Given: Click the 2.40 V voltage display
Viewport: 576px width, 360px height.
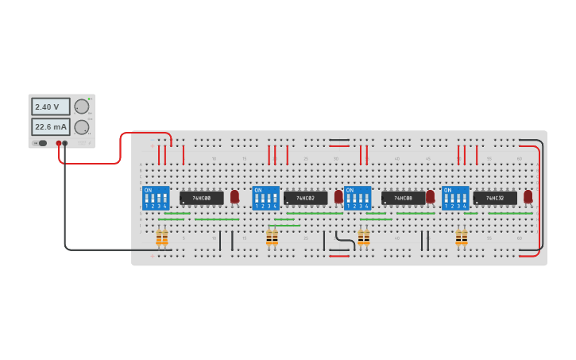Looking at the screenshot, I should point(50,106).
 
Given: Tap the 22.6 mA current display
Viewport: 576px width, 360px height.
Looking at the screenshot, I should point(50,126).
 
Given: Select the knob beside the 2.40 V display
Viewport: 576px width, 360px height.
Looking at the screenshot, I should point(82,106).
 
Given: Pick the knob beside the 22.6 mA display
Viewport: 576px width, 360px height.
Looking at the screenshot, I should point(82,126).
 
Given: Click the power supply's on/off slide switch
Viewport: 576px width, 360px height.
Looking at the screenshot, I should point(41,143).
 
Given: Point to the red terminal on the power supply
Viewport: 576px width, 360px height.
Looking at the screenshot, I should point(59,143).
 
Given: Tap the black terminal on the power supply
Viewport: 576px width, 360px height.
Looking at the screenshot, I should point(65,143).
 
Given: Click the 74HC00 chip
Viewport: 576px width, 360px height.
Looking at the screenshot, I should point(201,198).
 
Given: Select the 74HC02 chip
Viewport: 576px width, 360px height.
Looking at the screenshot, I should point(305,198).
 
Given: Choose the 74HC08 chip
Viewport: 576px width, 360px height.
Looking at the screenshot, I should point(403,198).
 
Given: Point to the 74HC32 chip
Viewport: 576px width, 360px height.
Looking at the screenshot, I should point(495,198).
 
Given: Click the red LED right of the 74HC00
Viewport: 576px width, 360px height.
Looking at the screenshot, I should point(234,196).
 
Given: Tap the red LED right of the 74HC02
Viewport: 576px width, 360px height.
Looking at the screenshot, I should point(338,196).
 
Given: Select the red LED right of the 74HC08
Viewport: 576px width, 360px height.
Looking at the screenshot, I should point(430,196).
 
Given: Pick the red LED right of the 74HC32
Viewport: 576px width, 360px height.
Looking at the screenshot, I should point(528,196).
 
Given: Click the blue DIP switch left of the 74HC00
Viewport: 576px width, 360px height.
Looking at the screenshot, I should point(156,198).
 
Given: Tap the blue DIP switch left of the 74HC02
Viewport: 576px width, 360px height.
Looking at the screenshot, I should point(265,198).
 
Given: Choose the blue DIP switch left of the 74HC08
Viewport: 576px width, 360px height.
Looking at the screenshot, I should point(358,198).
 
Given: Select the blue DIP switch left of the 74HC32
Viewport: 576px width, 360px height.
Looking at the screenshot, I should point(455,198).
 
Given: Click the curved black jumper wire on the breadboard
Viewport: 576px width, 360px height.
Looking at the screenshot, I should point(344,238).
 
